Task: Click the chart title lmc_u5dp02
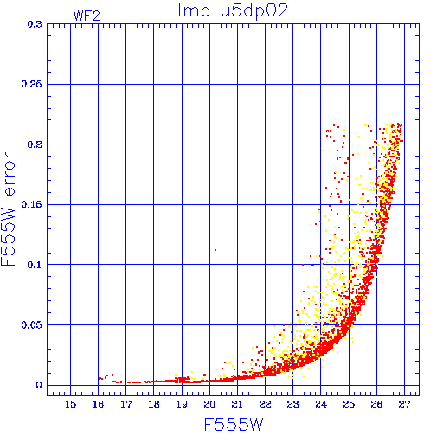[233, 11]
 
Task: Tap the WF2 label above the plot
[87, 16]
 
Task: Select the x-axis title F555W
[234, 425]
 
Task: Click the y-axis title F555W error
[8, 209]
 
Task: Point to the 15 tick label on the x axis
[70, 404]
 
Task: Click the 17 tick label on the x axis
[125, 404]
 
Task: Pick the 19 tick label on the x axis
[182, 404]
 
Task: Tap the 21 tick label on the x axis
[237, 404]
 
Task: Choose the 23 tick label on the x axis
[292, 404]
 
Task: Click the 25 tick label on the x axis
[349, 404]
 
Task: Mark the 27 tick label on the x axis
[404, 404]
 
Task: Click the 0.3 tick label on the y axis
[35, 24]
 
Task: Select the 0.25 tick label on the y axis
[31, 84]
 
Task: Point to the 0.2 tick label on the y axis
[35, 144]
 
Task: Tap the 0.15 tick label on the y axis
[31, 204]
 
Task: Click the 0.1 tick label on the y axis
[35, 265]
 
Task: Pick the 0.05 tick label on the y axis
[31, 325]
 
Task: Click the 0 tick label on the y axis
[39, 385]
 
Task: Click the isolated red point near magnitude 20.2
[215, 250]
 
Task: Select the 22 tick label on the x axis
[265, 404]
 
